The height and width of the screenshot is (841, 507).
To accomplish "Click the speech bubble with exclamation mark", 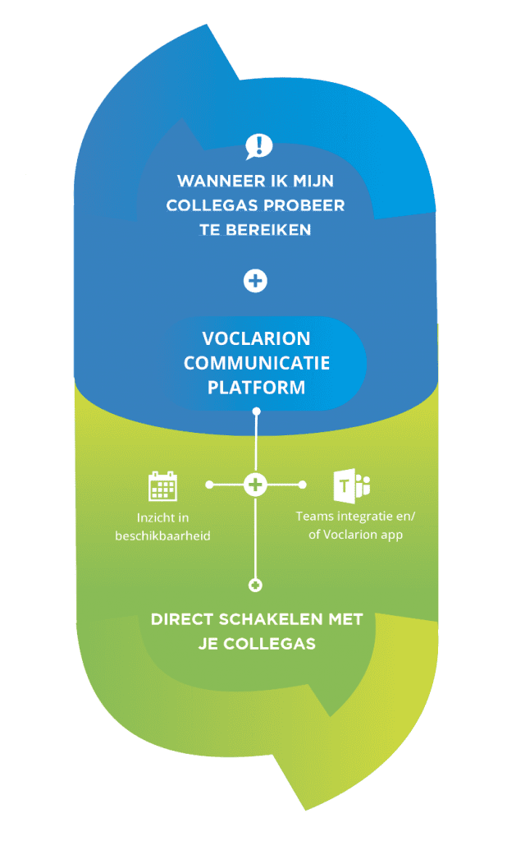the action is pyautogui.click(x=259, y=147).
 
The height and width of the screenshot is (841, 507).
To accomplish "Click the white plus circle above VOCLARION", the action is pyautogui.click(x=255, y=281).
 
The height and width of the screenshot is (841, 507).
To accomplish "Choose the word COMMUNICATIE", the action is pyautogui.click(x=257, y=363).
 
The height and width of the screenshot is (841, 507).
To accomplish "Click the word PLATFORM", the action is pyautogui.click(x=256, y=388).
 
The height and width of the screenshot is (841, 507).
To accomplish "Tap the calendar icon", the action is pyautogui.click(x=162, y=486).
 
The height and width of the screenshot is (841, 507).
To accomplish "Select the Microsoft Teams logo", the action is pyautogui.click(x=352, y=486).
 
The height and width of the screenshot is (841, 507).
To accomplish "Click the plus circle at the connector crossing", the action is pyautogui.click(x=255, y=485).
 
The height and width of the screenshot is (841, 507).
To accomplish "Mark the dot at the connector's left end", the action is pyautogui.click(x=209, y=485).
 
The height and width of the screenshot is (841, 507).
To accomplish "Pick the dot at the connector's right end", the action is pyautogui.click(x=302, y=485).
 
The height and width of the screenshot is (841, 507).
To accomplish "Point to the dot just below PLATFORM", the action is pyautogui.click(x=256, y=411).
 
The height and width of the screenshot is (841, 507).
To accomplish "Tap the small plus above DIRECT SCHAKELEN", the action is pyautogui.click(x=256, y=585).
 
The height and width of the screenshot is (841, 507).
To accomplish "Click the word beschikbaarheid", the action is pyautogui.click(x=163, y=535).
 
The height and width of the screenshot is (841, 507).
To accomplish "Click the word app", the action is pyautogui.click(x=391, y=535).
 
